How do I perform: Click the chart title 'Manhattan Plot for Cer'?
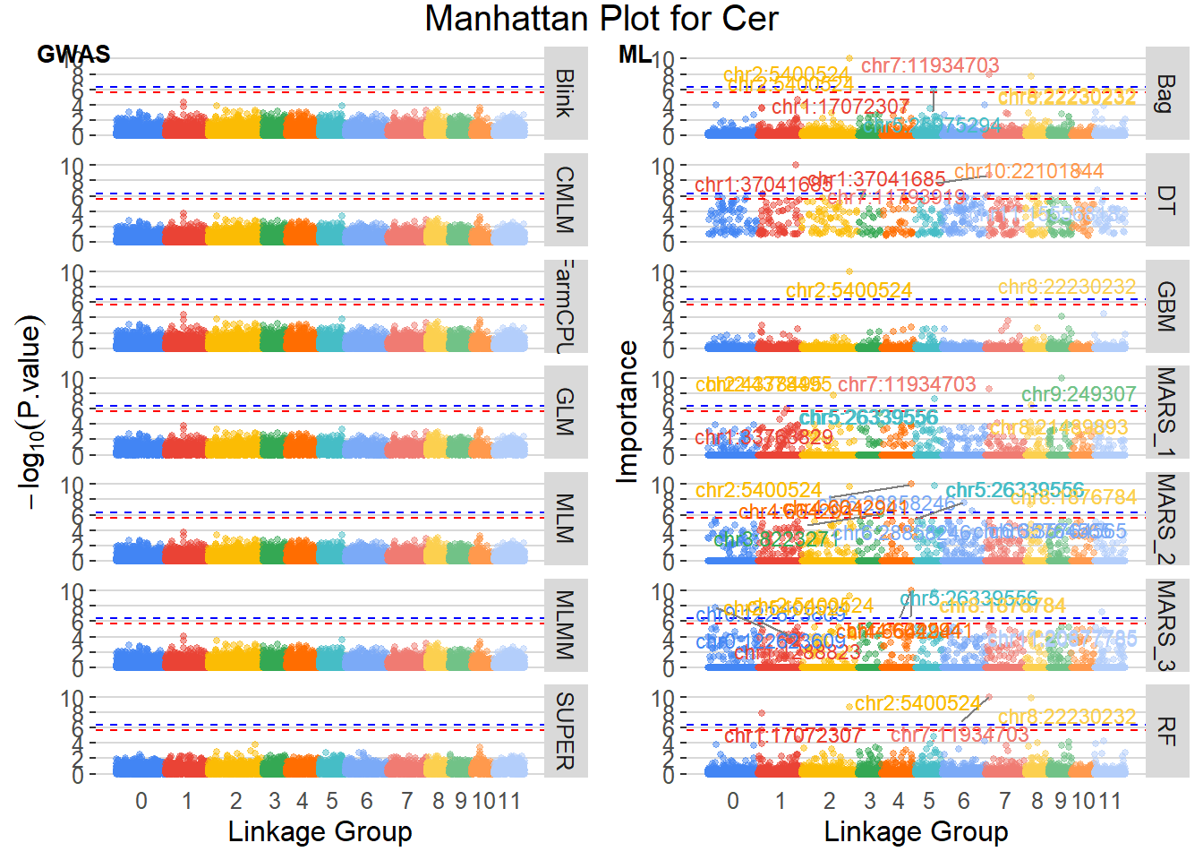[x=601, y=19]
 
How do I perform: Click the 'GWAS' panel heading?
[x=73, y=55]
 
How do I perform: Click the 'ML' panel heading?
[x=635, y=55]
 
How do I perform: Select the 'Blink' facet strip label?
[x=565, y=93]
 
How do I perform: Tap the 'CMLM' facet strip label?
[x=565, y=200]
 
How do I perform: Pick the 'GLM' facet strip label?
[x=565, y=411]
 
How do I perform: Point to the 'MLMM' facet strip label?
[x=565, y=624]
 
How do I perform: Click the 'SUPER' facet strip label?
[x=565, y=730]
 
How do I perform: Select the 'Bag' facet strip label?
[x=1165, y=93]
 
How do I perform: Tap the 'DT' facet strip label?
[x=1165, y=200]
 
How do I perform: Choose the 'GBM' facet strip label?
[x=1165, y=305]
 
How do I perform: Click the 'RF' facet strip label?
[x=1165, y=730]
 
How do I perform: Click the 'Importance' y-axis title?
[x=628, y=412]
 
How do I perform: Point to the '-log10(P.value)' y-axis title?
[x=30, y=412]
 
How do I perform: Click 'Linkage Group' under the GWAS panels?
[x=320, y=831]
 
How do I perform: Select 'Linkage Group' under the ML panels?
[x=916, y=831]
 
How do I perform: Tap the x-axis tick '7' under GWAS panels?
[x=407, y=801]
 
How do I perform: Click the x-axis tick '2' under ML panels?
[x=829, y=801]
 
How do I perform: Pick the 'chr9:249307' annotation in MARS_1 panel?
[x=1078, y=394]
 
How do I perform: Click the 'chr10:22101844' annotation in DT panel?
[x=1028, y=171]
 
